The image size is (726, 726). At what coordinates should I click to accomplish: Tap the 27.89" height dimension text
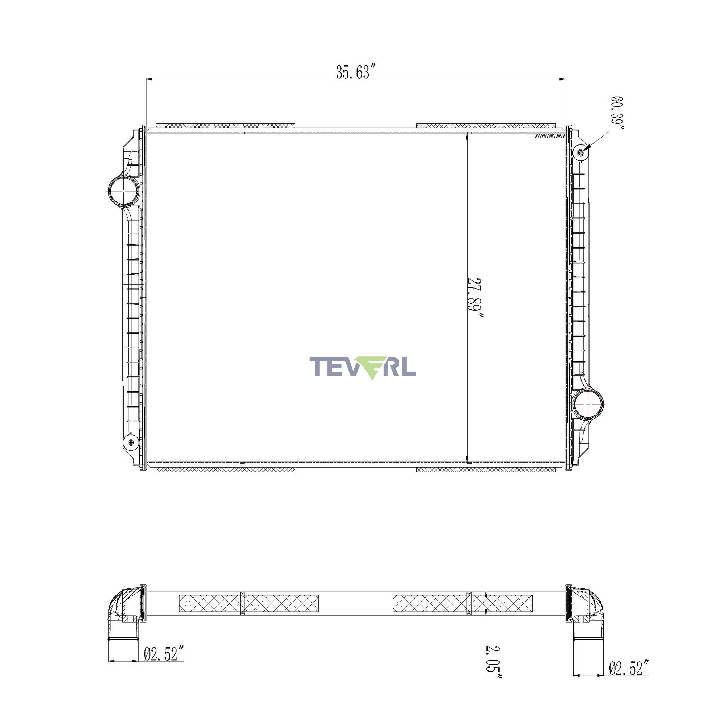[474, 298]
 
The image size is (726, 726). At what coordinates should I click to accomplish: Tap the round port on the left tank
[123, 191]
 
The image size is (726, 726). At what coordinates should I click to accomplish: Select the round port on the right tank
[588, 404]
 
